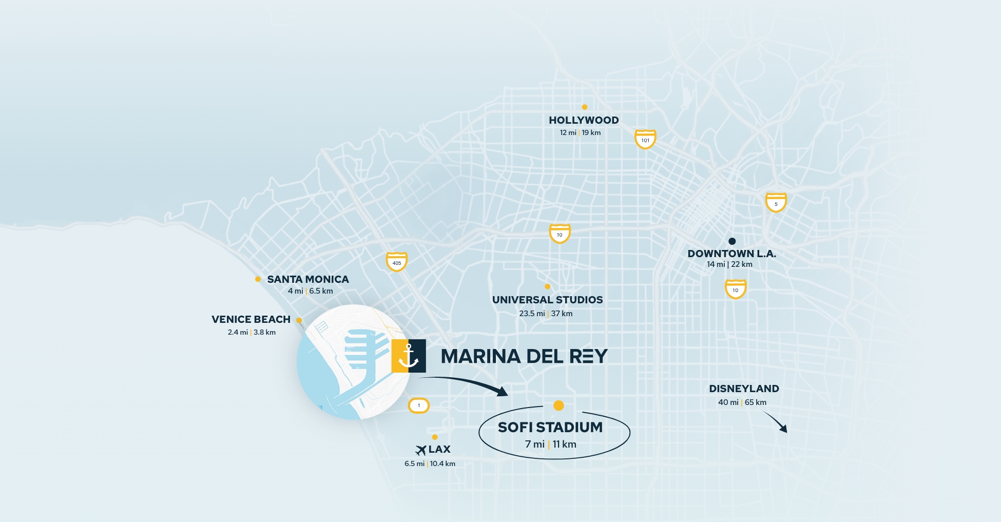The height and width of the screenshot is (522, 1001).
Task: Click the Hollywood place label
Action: click(584, 120)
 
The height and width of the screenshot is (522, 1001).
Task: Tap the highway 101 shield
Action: click(645, 139)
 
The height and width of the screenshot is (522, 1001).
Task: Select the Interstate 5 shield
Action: click(776, 202)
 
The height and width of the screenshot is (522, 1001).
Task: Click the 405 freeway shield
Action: click(397, 262)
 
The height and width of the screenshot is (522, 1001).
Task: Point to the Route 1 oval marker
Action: click(419, 405)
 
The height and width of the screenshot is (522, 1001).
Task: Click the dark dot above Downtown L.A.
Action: click(732, 241)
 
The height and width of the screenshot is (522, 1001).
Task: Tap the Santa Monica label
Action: click(307, 279)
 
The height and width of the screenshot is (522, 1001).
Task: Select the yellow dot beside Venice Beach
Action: click(299, 320)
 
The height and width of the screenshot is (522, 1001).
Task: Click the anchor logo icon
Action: click(409, 356)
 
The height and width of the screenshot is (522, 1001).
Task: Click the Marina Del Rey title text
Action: click(524, 356)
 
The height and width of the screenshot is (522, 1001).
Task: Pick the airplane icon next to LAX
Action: click(421, 450)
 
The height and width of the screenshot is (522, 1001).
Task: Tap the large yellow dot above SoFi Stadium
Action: click(559, 405)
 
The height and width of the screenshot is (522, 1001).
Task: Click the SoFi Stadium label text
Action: click(550, 427)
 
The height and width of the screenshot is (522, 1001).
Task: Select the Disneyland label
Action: click(744, 389)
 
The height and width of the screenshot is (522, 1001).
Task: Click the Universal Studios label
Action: click(547, 300)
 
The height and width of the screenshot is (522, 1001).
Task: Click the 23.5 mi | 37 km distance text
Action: click(546, 314)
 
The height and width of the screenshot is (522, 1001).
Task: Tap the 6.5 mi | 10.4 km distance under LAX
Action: click(430, 463)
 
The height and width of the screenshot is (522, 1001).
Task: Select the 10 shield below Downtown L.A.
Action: click(735, 289)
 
